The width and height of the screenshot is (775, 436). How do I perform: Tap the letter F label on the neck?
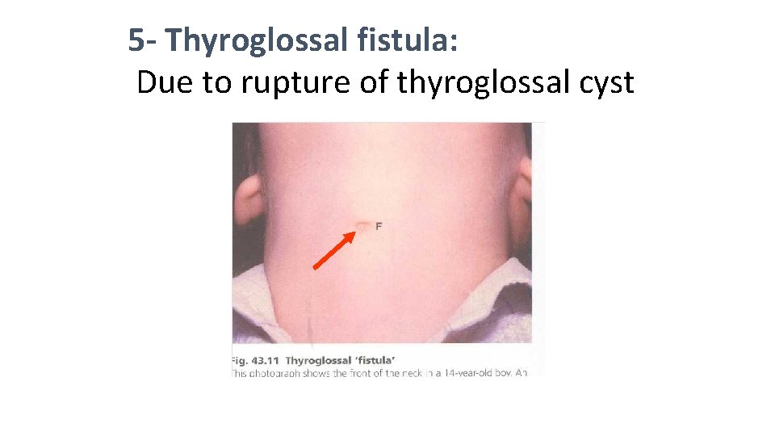click(x=379, y=225)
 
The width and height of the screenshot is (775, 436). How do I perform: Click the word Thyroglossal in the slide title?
click(x=255, y=40)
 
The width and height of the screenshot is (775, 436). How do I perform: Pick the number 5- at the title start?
click(x=144, y=40)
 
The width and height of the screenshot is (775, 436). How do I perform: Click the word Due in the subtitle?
click(x=164, y=82)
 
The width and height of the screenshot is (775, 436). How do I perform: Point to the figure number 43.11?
click(x=266, y=360)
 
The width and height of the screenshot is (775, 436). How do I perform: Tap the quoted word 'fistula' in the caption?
click(x=372, y=360)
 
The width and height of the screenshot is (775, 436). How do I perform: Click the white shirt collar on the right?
click(x=501, y=295)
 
